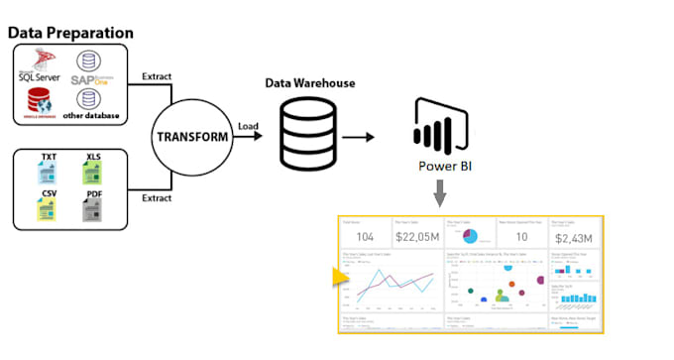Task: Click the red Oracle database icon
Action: tap(41, 101)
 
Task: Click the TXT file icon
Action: tap(49, 169)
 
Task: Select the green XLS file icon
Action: tap(93, 169)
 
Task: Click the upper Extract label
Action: tap(161, 77)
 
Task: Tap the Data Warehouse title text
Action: tap(311, 84)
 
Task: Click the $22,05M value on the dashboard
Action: tap(416, 236)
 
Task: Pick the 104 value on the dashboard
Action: tap(365, 236)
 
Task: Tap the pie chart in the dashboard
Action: tap(470, 236)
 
